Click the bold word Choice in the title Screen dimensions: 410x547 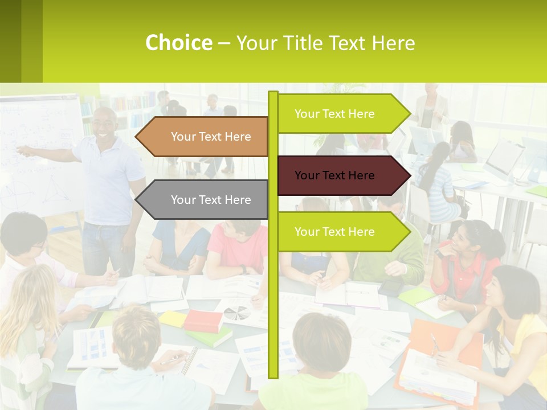coord(178,43)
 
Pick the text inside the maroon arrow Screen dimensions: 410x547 coord(334,175)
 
